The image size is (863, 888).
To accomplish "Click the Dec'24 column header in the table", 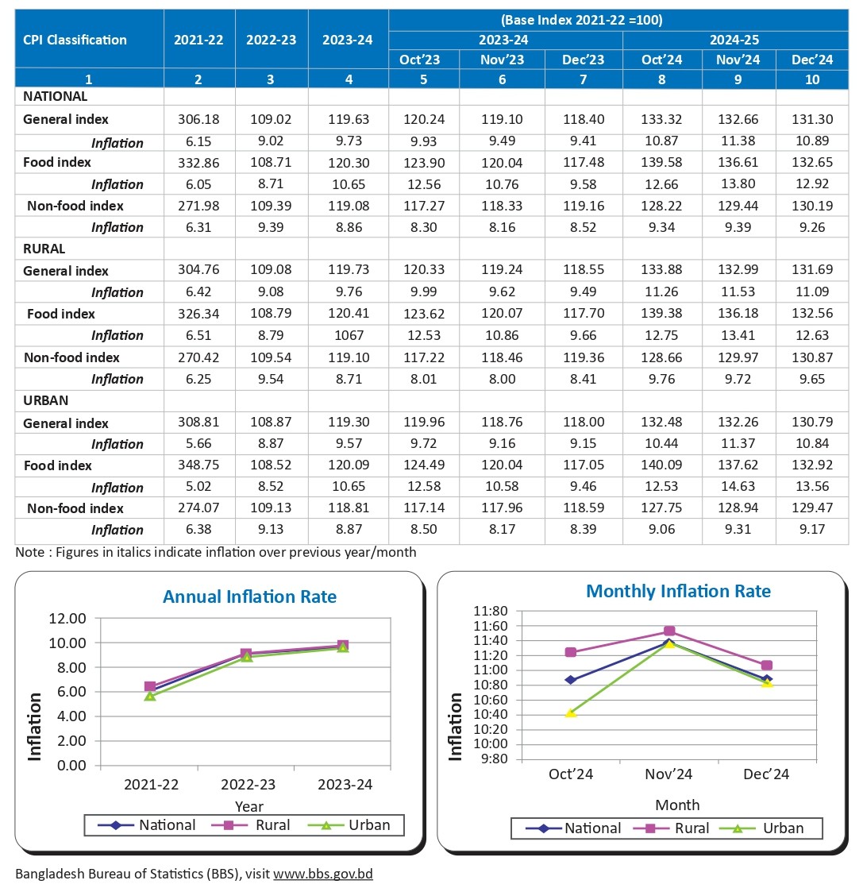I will [811, 60].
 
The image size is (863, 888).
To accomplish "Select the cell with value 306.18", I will [199, 120].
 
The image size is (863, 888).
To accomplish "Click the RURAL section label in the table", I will [44, 249].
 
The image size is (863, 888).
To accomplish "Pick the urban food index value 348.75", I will [199, 466].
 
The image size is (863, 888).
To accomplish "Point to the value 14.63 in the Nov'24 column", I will [738, 488].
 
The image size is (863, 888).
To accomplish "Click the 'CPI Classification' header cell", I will [75, 40].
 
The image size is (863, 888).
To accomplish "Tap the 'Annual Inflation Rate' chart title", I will [249, 597].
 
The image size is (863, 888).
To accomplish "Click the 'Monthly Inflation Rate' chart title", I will [678, 592].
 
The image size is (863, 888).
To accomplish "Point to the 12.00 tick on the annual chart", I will [68, 618].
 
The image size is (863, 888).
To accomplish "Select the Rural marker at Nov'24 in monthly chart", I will [669, 631].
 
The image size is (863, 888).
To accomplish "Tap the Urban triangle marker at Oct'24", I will [571, 713].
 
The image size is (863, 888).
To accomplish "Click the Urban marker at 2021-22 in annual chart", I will [150, 696].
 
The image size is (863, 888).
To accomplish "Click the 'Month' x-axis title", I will [677, 805].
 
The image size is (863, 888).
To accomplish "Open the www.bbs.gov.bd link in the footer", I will [323, 874].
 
